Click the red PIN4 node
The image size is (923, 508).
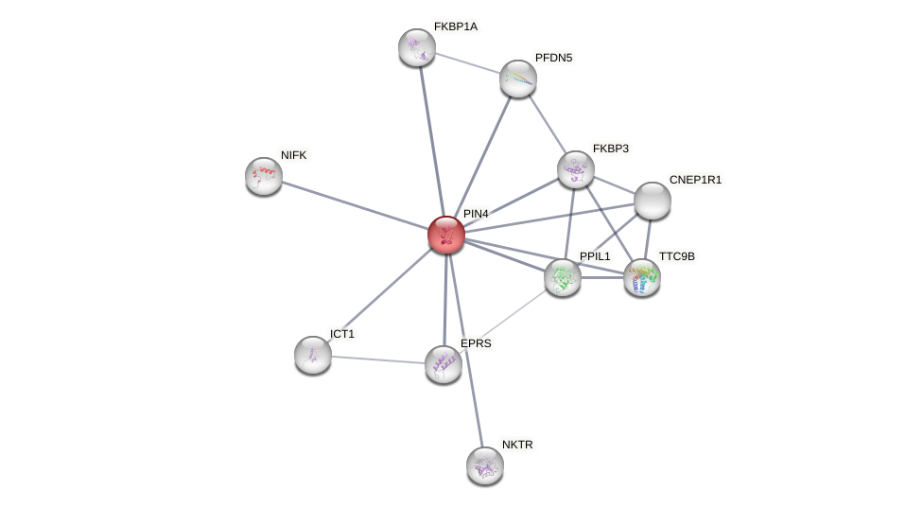[446, 235]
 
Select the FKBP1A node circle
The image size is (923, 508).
[417, 47]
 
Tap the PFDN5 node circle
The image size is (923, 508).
[518, 79]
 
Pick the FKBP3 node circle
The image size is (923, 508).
[575, 169]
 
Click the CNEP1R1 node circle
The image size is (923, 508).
[652, 201]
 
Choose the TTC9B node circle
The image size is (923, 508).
[642, 277]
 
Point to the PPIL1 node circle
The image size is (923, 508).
[563, 277]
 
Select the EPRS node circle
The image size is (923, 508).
[444, 364]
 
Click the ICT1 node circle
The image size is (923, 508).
[313, 355]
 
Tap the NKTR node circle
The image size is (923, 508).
[485, 465]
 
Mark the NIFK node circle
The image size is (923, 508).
[264, 176]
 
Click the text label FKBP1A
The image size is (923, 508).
[456, 26]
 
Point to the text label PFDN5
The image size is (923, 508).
[553, 58]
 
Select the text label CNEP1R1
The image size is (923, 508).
[695, 180]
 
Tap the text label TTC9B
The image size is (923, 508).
[676, 256]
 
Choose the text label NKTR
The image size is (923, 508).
[517, 445]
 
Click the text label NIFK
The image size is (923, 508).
[294, 155]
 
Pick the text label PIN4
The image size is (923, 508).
[476, 214]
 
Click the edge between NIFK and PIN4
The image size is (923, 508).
[355, 205]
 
